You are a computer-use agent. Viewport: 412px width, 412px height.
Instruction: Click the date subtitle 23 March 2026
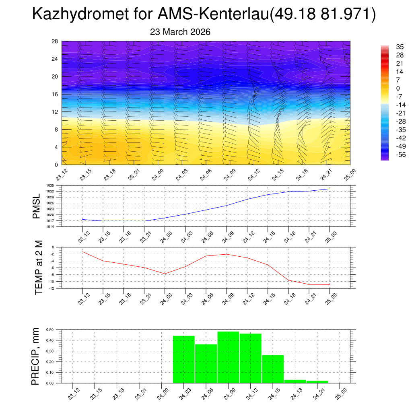pyautogui.click(x=180, y=32)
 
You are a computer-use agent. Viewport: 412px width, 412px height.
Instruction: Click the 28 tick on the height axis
pyautogui.click(x=55, y=41)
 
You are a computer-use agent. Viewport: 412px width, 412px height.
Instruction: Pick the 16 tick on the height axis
pyautogui.click(x=55, y=94)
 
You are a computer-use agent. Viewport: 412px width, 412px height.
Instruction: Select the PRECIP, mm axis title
pyautogui.click(x=36, y=356)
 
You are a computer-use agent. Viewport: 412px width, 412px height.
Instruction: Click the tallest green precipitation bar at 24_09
pyautogui.click(x=228, y=357)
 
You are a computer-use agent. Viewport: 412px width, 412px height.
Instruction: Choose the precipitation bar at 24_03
pyautogui.click(x=183, y=359)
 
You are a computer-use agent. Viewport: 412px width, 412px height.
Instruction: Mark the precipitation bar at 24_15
pyautogui.click(x=273, y=369)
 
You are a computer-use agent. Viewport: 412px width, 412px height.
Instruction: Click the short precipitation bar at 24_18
pyautogui.click(x=295, y=381)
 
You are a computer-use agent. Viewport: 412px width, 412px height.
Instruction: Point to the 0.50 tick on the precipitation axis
pyautogui.click(x=50, y=330)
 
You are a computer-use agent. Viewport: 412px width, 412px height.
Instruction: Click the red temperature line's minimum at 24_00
pyautogui.click(x=165, y=274)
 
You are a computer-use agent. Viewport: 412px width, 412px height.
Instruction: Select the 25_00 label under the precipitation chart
pyautogui.click(x=340, y=393)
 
